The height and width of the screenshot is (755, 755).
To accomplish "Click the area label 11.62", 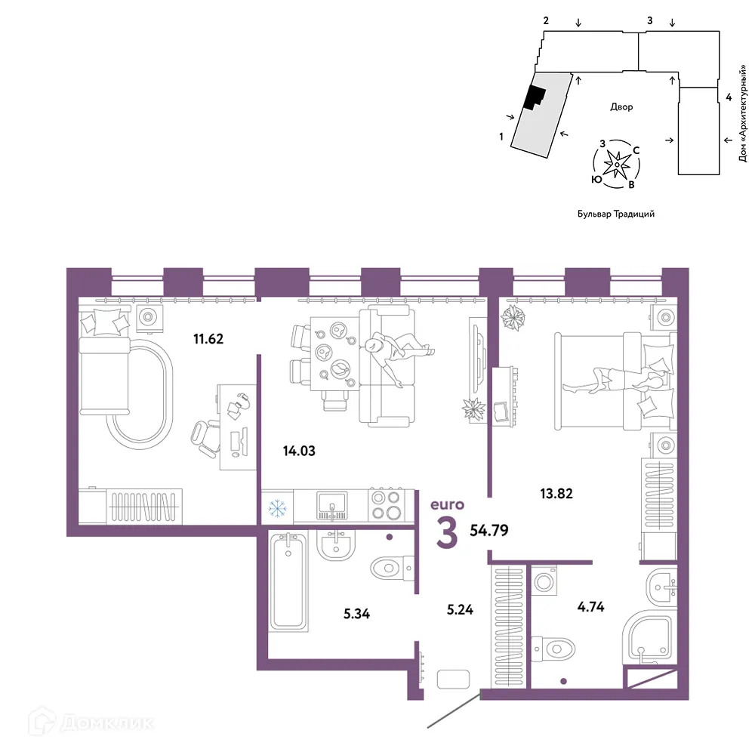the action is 208,339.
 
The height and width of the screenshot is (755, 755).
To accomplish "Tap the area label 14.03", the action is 299,451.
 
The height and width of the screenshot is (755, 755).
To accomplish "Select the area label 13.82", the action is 556,494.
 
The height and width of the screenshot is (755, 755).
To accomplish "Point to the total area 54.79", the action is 488,530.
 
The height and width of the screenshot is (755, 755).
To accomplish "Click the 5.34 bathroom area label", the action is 356,614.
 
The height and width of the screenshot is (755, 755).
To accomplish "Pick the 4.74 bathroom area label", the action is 590,607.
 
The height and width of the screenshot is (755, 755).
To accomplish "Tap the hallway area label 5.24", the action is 460,609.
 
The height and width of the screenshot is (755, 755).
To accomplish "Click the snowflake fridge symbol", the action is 277,508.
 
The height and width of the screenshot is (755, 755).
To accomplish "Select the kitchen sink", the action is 331,506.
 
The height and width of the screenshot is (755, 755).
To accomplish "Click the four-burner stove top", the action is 386,504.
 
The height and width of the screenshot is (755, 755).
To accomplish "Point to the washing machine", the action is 544,581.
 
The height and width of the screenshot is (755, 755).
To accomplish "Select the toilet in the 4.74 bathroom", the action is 553,649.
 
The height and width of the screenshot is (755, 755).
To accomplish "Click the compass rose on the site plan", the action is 617,164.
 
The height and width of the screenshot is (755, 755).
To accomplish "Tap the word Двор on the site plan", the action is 621,107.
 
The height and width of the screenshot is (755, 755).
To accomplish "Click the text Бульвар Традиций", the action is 616,214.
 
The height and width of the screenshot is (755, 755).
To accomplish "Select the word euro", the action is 447,504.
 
